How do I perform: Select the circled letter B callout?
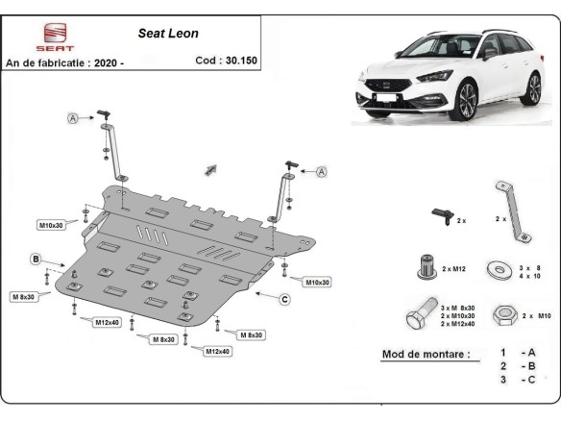35,260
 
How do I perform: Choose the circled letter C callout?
284,299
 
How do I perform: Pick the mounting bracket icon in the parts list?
510,209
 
